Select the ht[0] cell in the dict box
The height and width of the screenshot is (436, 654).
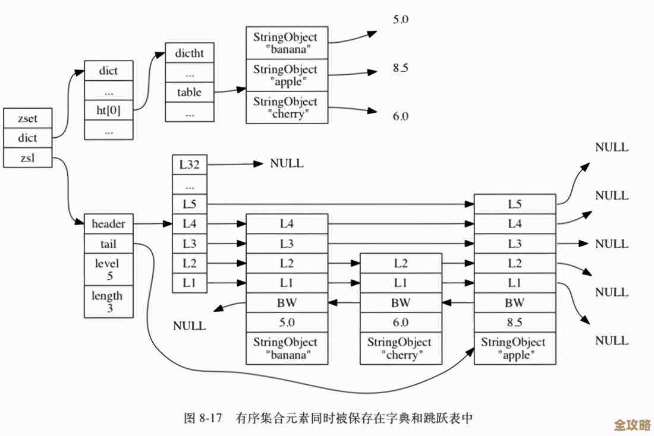108,110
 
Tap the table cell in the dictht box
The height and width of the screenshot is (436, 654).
189,92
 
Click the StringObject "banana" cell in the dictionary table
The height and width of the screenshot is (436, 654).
286,42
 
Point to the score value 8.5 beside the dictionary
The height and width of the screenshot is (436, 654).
400,68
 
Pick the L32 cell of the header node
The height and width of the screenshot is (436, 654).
190,165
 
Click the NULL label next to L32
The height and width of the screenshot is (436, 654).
287,163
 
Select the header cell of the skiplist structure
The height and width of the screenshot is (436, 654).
108,224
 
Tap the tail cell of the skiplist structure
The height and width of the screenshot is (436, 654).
108,244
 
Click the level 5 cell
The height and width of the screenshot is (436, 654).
108,269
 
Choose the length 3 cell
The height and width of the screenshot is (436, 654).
108,301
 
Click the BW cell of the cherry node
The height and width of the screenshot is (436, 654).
400,303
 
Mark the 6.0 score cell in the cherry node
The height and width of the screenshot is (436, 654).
400,323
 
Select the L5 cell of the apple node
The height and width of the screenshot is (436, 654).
515,204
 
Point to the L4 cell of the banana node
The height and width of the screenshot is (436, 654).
287,224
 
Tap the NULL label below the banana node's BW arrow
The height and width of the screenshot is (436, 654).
189,326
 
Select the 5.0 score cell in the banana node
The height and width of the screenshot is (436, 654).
287,323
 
